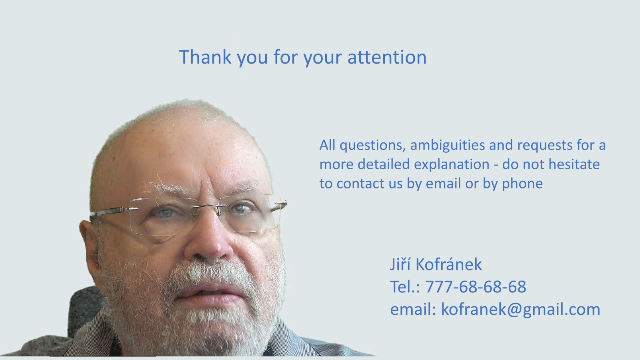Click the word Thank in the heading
205,57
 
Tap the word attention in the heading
387,57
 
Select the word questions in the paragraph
372,146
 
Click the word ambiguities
448,146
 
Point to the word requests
545,145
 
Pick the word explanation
452,165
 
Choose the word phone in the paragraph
522,184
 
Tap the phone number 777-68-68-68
476,286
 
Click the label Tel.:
405,286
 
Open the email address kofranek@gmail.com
520,310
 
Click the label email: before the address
413,309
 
